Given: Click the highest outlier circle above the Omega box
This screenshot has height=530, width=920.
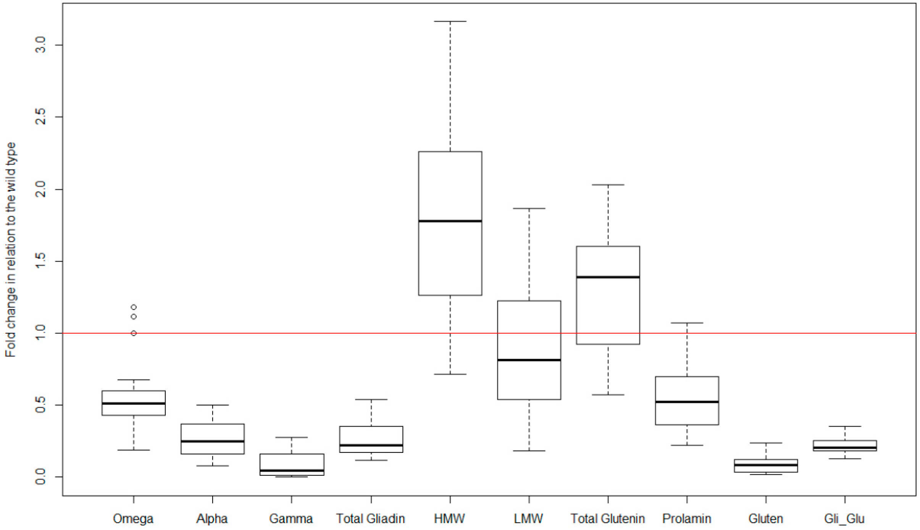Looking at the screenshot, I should pos(134,307).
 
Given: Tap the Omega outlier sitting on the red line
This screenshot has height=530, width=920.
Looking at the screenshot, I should pos(134,333).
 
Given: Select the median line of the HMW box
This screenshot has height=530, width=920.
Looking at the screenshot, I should pos(450,221).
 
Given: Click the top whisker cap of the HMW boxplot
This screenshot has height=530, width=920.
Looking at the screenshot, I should pos(450,21).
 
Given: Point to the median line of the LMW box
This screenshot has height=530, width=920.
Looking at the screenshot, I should pos(529,360).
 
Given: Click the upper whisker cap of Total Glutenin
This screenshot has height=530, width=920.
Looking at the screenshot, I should pos(608,185).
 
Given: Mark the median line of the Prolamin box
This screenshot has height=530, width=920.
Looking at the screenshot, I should pos(687,402).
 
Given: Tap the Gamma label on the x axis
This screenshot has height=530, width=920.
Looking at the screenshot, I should pos(291,519).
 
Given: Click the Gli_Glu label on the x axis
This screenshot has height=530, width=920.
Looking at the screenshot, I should pos(844,519).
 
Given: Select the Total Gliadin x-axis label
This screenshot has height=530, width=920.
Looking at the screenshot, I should pos(370,519).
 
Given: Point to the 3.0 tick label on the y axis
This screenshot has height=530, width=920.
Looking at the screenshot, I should pos(40,45).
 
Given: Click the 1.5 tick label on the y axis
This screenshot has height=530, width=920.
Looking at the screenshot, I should pos(40,262).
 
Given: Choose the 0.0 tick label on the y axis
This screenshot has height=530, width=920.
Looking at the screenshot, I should pos(40,477).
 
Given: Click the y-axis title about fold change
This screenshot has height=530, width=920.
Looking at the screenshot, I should pos(11,250).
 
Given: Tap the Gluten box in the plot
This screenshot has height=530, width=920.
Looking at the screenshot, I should pos(765,466).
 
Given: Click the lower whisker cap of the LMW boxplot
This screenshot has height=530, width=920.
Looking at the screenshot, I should pos(529,451).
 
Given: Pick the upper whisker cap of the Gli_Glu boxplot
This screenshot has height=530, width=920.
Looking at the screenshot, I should pos(844,426).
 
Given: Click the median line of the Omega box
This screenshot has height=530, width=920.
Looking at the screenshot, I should pos(134,403).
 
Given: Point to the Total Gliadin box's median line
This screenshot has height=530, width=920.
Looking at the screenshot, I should pos(371,445).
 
